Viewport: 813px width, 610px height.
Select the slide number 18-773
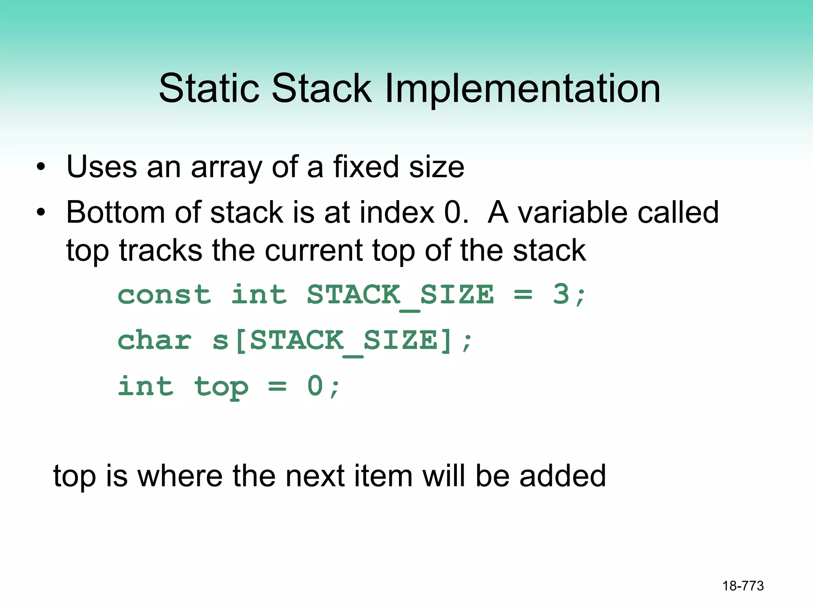coord(743,586)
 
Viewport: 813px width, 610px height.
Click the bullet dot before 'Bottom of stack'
coord(41,212)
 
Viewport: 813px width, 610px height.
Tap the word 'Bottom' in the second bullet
coord(116,212)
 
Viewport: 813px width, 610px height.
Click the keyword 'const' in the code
coord(164,295)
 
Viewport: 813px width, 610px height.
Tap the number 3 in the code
coord(561,295)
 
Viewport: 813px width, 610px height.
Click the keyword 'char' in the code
coord(155,341)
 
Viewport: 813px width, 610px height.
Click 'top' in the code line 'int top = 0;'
coord(221,387)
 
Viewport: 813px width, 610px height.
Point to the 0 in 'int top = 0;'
coord(315,386)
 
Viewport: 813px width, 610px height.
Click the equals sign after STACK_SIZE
coord(523,295)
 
